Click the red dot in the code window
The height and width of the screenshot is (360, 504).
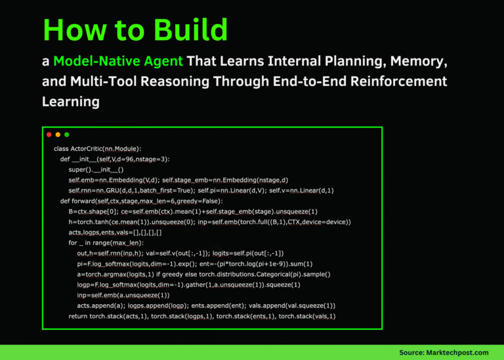(x=49, y=134)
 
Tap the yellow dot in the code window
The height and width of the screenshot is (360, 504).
(x=58, y=134)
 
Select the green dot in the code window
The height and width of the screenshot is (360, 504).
(x=66, y=134)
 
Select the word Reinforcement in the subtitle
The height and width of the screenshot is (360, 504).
(x=401, y=82)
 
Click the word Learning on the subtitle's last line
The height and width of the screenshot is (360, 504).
(x=70, y=102)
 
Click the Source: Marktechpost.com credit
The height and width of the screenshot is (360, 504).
(x=444, y=352)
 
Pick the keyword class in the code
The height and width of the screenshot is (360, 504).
(x=62, y=149)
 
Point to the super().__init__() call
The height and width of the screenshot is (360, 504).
(x=96, y=170)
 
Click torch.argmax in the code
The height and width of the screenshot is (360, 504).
(x=99, y=274)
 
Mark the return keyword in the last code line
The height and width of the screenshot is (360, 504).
(x=78, y=316)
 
